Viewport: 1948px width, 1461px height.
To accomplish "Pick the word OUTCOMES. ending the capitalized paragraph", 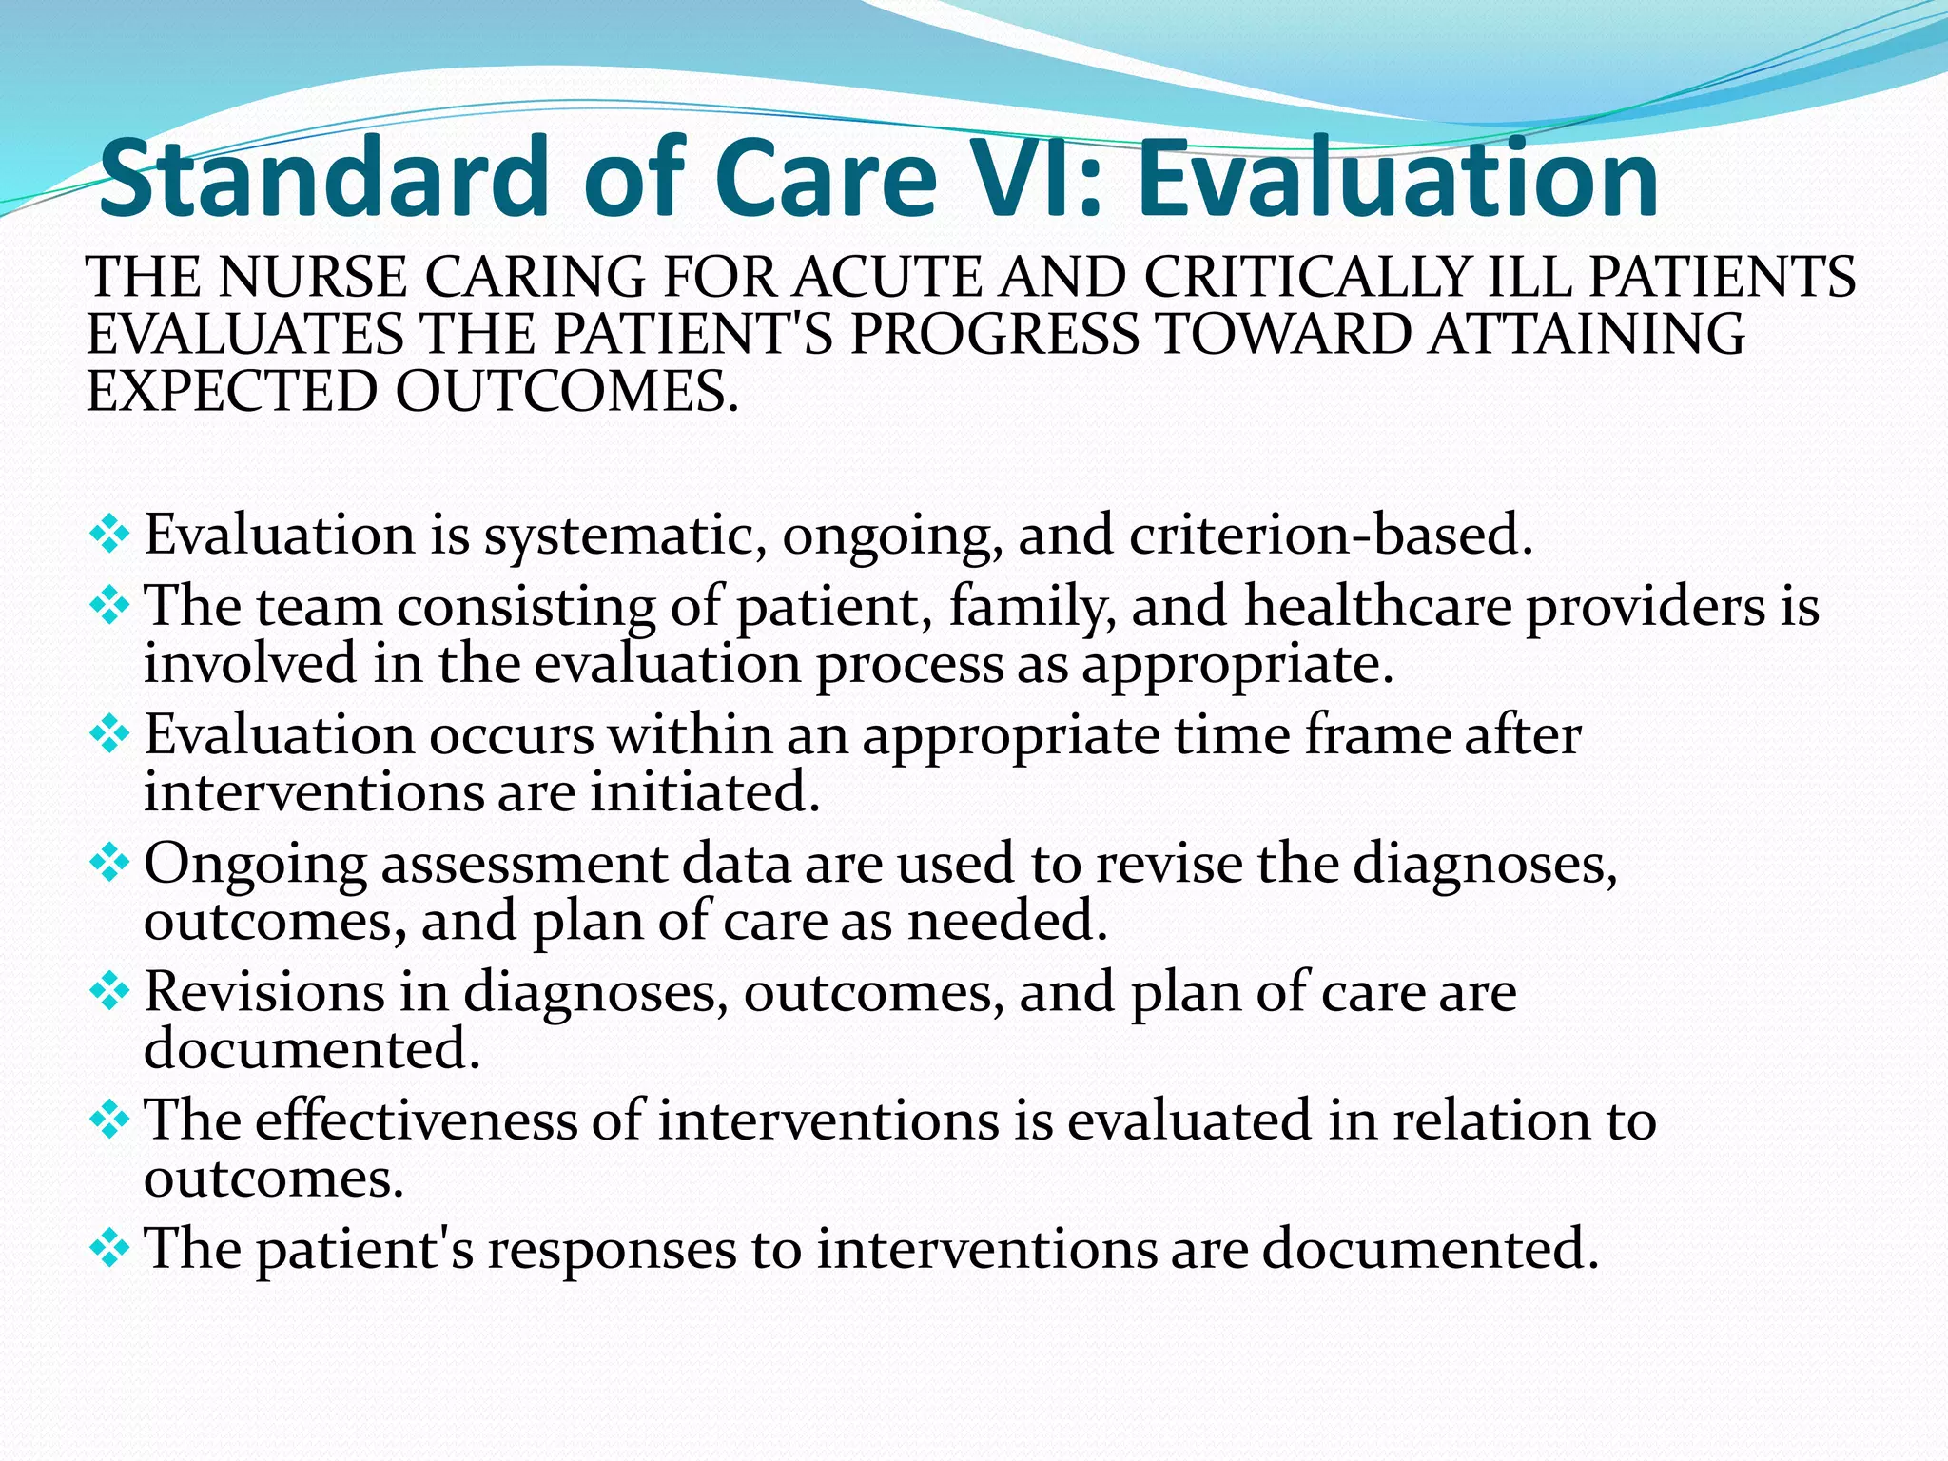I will point(567,392).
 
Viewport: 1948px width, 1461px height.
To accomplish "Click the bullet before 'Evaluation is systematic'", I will point(109,535).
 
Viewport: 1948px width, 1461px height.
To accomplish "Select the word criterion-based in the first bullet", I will point(1331,535).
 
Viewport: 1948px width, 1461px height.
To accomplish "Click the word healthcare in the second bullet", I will point(1378,606).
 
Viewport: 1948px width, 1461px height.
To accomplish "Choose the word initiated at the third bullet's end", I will point(704,791).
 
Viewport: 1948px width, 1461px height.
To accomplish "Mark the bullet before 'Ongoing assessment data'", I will point(109,864).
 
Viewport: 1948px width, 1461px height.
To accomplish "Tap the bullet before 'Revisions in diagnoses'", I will point(109,992).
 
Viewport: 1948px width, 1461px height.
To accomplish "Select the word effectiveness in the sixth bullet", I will point(416,1120).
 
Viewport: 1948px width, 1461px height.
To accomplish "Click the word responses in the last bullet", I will point(612,1250).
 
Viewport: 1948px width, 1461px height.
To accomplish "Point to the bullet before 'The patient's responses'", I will point(109,1248).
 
